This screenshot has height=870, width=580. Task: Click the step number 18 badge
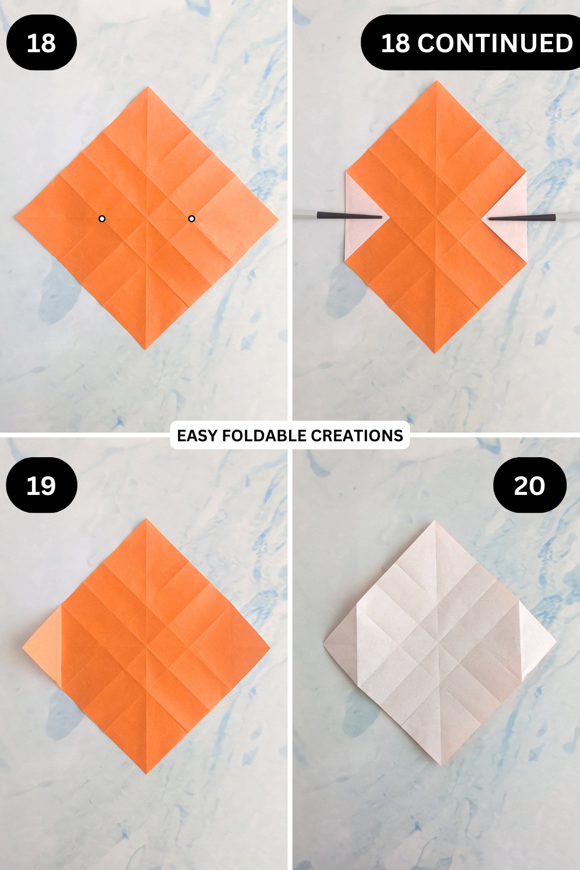point(41,43)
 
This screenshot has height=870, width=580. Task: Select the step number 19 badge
point(41,485)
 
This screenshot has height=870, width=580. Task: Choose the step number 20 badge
point(529,485)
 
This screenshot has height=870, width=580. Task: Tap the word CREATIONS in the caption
point(357,435)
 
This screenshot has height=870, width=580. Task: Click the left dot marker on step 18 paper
point(102,218)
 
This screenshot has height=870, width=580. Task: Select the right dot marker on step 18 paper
point(191,218)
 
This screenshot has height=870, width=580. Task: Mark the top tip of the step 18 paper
point(148,87)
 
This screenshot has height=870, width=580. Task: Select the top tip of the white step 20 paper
point(435,522)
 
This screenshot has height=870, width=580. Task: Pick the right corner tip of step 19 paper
point(269,647)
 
